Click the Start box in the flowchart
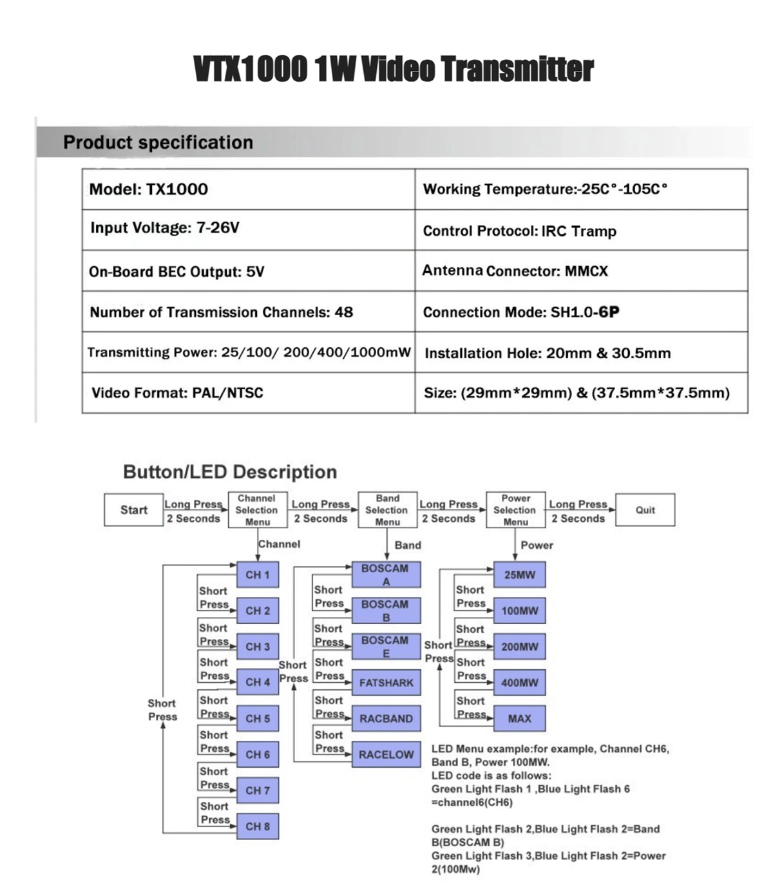tap(133, 510)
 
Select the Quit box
tap(645, 510)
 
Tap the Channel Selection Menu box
tap(256, 510)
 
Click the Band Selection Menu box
tap(387, 510)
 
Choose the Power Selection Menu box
tap(515, 510)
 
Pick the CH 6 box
tap(258, 754)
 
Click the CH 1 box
tap(258, 575)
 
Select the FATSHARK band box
tap(386, 683)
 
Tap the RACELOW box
tap(386, 754)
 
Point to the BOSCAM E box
tap(385, 646)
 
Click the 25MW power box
tap(519, 575)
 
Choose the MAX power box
tap(519, 718)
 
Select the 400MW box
tap(519, 683)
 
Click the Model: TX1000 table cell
tap(248, 189)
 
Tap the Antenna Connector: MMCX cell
tap(581, 271)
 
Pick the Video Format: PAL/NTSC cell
tap(248, 393)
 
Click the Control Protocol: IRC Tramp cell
tap(581, 231)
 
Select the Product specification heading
tap(158, 142)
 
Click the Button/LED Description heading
tap(230, 472)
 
